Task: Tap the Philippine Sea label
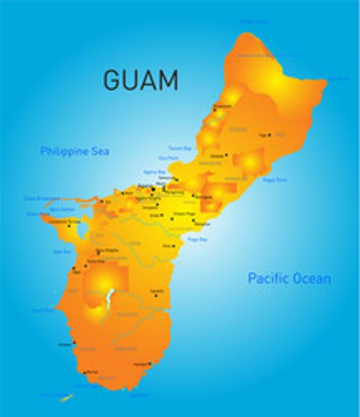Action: pyautogui.click(x=74, y=151)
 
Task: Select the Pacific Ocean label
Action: pyautogui.click(x=289, y=278)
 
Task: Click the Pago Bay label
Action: pyautogui.click(x=197, y=238)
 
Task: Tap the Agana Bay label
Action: pyautogui.click(x=154, y=171)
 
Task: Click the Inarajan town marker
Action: pyautogui.click(x=150, y=364)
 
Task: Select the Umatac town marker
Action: pyautogui.click(x=73, y=344)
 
